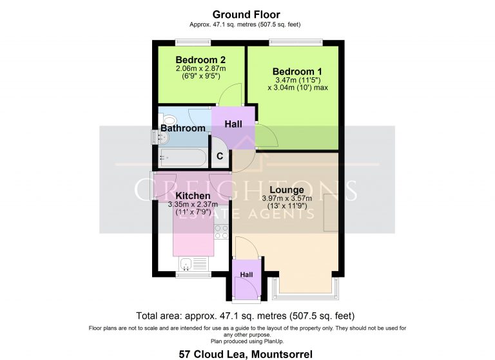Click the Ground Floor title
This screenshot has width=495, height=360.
pos(246,15)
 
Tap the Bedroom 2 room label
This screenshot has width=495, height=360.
pos(200,60)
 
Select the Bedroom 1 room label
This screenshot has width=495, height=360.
pos(297,71)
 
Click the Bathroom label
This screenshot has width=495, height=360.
pos(183,128)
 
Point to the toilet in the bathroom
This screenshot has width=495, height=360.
pos(170,120)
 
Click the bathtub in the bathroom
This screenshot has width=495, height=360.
pos(183,157)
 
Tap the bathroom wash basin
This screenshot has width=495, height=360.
pos(163,138)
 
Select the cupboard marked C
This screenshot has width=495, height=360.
pos(220,156)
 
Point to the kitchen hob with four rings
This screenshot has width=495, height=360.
pos(221,232)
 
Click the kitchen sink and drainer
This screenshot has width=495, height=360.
pos(193,264)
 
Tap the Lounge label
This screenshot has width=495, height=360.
pos(287,190)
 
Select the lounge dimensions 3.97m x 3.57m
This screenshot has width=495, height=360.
pos(287,198)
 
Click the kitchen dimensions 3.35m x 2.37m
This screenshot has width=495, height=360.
pos(193,204)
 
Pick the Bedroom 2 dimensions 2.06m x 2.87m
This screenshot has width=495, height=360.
pos(201,68)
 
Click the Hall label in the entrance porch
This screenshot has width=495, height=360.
pos(247,275)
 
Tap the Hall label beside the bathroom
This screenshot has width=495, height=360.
pos(233,124)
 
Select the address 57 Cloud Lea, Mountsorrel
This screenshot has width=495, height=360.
pos(246,354)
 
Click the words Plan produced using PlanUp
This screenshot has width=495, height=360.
pos(247,341)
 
